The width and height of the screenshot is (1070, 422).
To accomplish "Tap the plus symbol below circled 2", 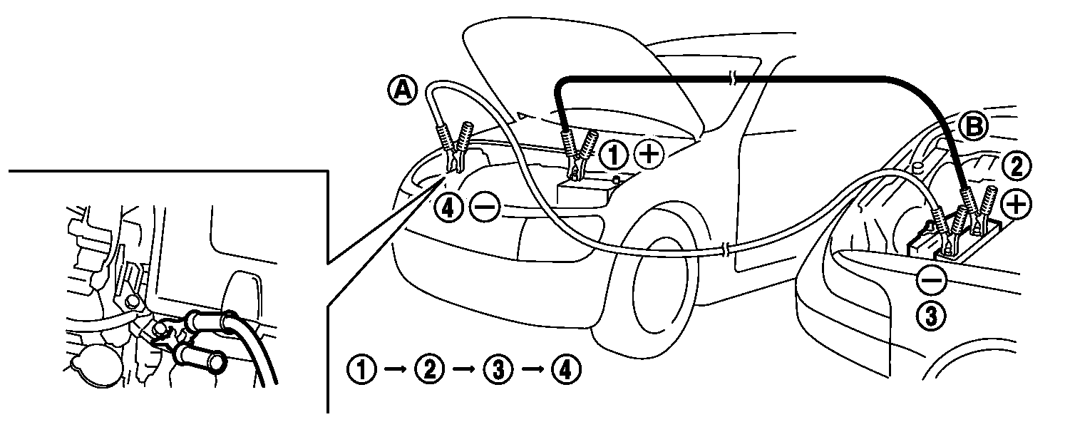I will click(1016, 205).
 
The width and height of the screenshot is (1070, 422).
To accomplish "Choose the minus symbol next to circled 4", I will click(485, 207).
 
